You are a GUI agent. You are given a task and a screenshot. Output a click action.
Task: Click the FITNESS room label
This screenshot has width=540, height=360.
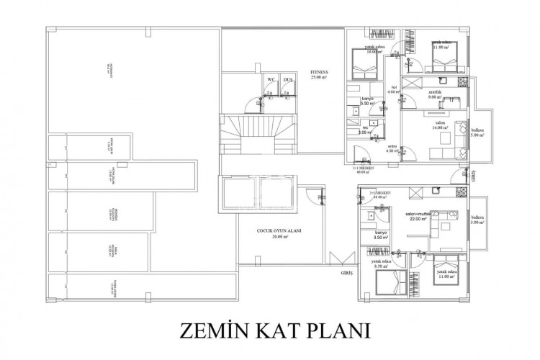click(x=319, y=75)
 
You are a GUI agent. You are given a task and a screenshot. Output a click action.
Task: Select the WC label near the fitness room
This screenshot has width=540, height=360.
click(x=271, y=79)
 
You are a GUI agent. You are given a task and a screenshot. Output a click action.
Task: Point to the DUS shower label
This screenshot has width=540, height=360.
click(x=287, y=79)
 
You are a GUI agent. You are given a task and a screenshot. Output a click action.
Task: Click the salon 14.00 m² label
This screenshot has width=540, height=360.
click(x=439, y=125)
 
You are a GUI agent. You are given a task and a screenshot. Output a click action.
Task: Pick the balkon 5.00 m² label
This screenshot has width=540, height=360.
click(x=477, y=132)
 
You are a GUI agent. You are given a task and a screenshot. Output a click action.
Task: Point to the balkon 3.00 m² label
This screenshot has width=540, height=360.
click(x=476, y=220)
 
